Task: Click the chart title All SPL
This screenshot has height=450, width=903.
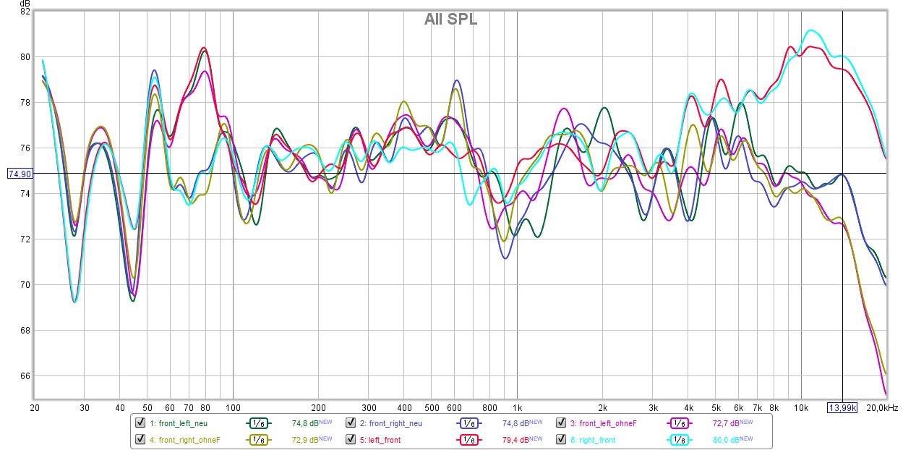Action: [450, 20]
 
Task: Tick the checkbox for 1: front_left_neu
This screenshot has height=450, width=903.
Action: [140, 423]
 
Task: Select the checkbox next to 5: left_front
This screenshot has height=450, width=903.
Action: [350, 439]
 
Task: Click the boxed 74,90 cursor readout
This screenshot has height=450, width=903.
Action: [20, 174]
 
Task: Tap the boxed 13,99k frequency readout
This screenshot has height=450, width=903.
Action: [842, 407]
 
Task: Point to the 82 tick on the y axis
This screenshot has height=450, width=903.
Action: [25, 12]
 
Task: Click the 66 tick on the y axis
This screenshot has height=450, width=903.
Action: [25, 376]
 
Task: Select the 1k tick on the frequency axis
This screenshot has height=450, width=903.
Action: [518, 408]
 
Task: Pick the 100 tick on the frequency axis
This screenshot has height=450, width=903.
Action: [233, 408]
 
